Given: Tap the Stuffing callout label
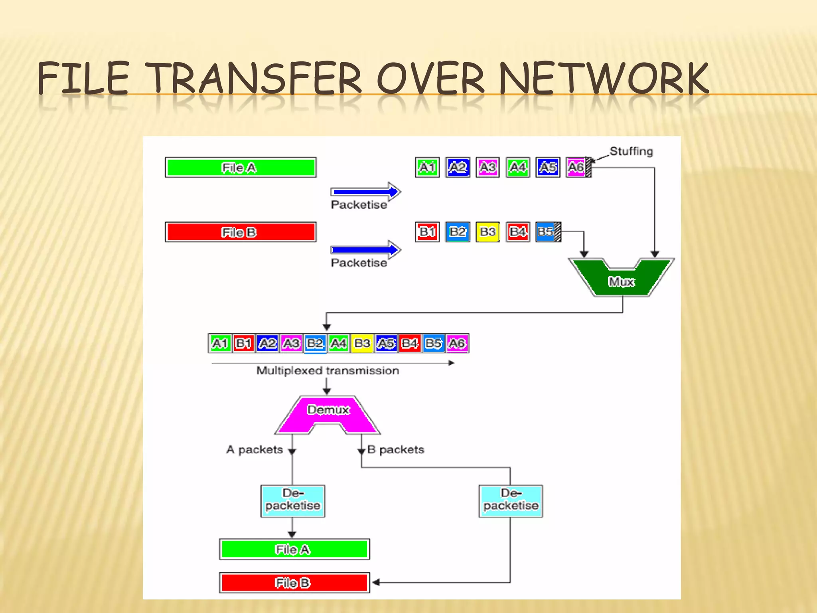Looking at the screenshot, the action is [x=631, y=151].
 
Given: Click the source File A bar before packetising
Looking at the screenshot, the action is [x=241, y=168].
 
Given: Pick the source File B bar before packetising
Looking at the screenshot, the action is [x=241, y=232].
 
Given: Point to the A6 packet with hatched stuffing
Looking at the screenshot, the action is [x=578, y=167].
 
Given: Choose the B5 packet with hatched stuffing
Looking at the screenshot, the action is [x=548, y=232].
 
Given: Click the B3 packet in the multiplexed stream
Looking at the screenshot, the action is [x=362, y=343].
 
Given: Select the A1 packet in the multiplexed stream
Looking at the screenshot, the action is [x=220, y=343].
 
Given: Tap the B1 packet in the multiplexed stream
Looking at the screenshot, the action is [x=243, y=343].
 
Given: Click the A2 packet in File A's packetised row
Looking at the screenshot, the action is [x=458, y=167].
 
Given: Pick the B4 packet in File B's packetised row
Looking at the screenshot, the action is [x=518, y=232].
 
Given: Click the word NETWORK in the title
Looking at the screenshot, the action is [x=603, y=79].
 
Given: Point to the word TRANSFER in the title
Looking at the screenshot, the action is [x=255, y=79].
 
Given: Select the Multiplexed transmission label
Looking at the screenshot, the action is [x=328, y=371].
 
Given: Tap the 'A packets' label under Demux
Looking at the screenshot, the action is [x=255, y=450].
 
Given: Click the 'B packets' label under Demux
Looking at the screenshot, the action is [x=396, y=450].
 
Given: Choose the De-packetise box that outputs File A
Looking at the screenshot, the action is [x=292, y=501].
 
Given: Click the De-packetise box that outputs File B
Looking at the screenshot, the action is [x=511, y=501].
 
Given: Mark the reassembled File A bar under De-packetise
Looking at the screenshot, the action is [x=294, y=549].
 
